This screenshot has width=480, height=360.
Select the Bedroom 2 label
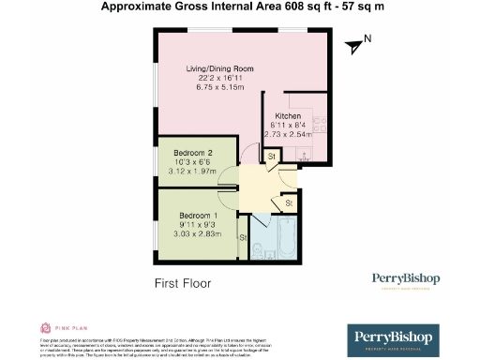pos(193,153)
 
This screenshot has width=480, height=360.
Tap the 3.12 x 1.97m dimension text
pos(193,172)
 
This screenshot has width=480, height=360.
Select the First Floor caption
pos(182,282)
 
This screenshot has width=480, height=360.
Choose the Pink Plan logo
pos(56,328)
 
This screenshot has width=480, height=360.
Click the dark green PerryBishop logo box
pos(394,338)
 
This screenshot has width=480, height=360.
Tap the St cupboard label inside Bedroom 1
pos(243,237)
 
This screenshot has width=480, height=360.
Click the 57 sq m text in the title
pos(339,7)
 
